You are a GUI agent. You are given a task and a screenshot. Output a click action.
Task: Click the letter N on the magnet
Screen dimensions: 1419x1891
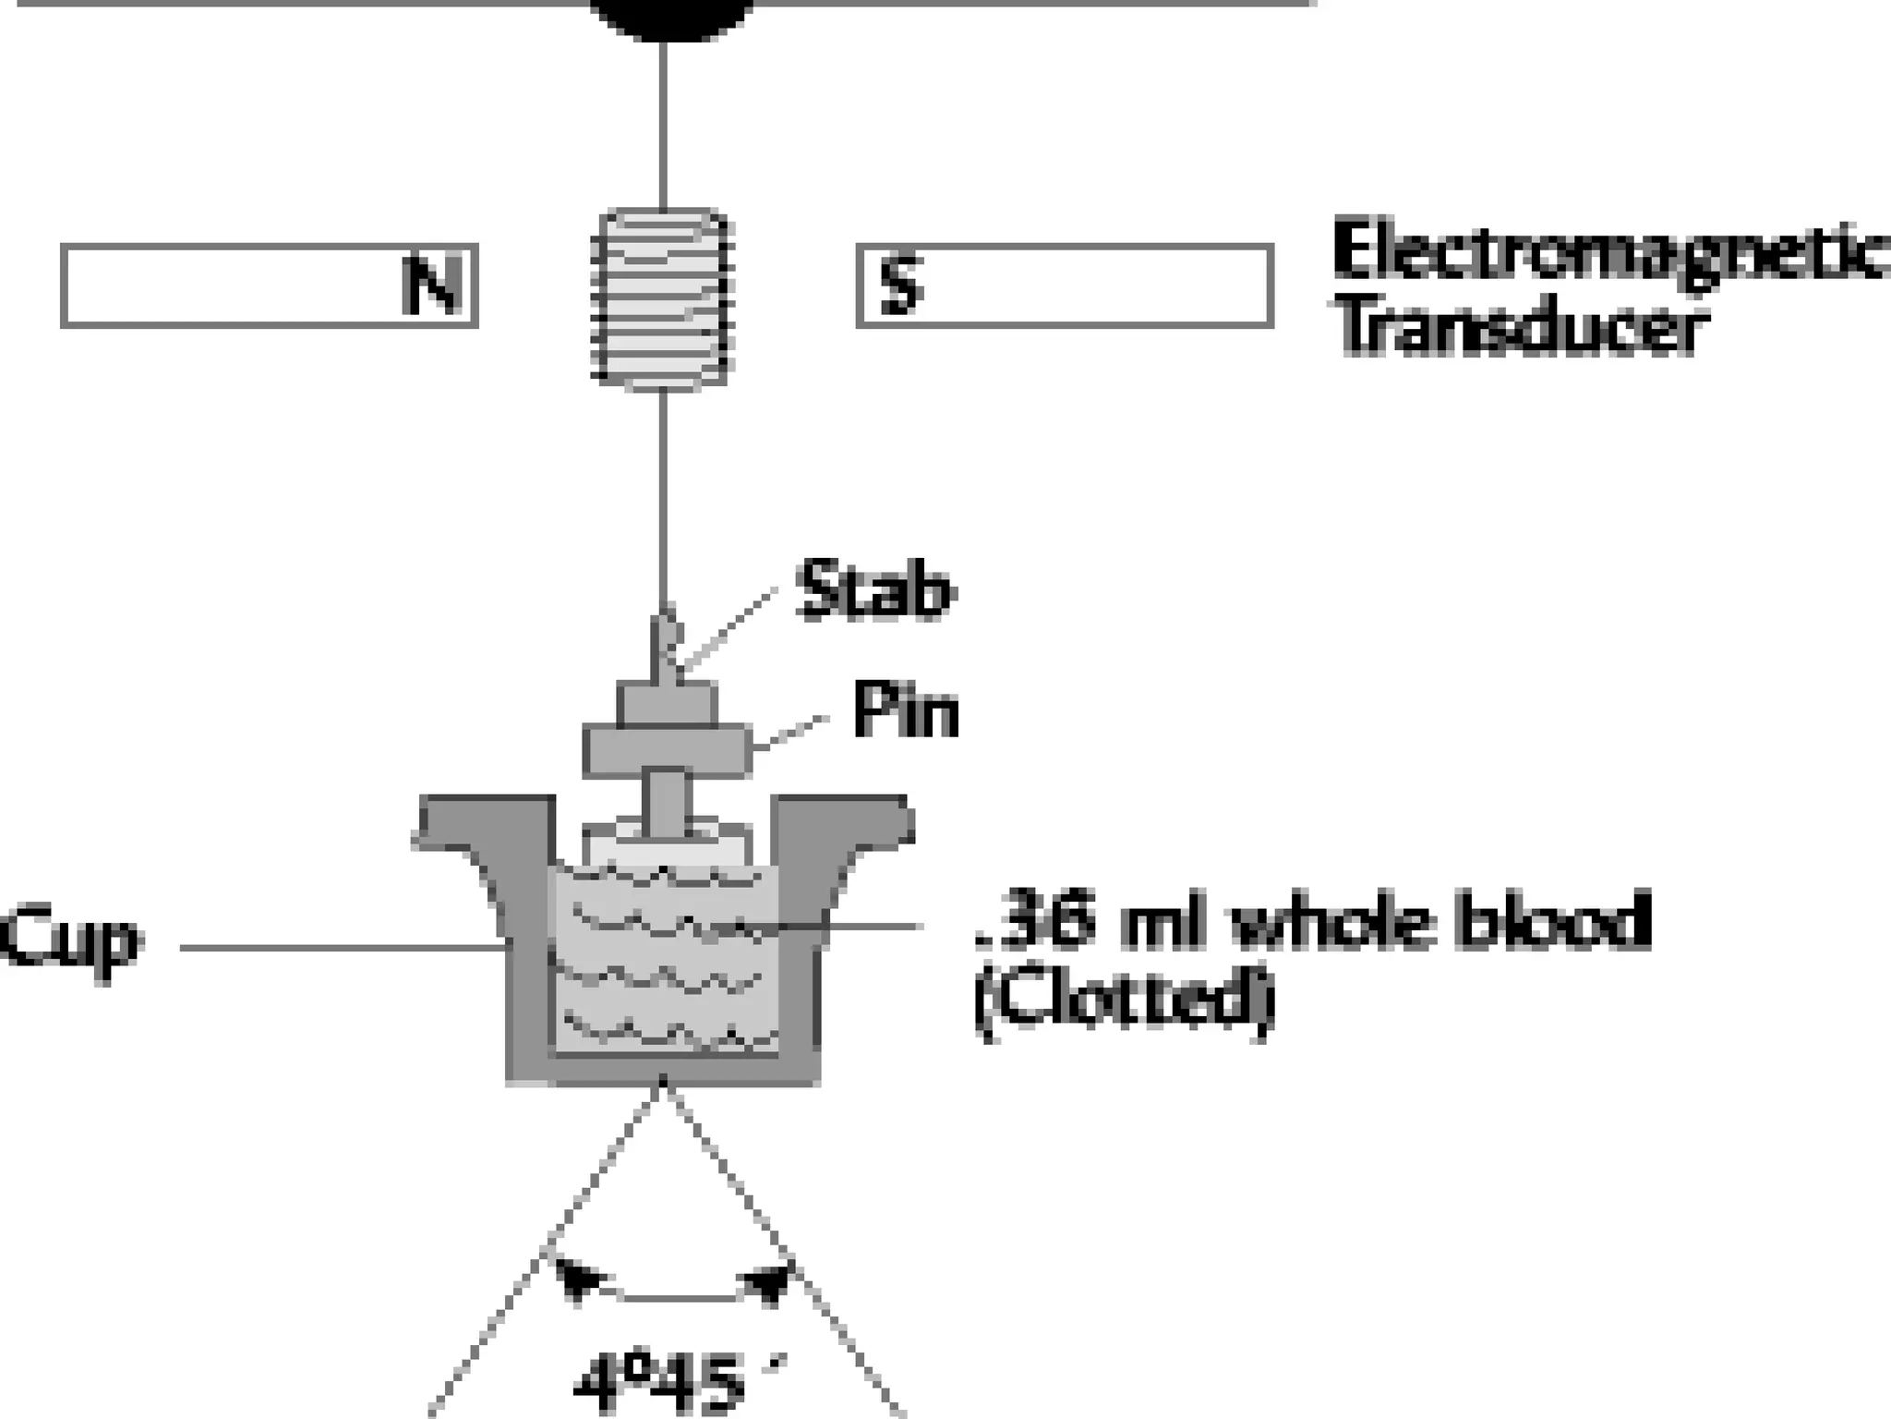(431, 285)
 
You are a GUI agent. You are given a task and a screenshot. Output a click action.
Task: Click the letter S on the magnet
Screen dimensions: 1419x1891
(901, 285)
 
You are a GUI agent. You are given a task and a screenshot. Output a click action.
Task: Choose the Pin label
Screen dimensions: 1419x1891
(906, 711)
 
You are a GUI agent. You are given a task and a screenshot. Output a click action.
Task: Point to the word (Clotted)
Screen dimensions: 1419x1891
(1125, 1001)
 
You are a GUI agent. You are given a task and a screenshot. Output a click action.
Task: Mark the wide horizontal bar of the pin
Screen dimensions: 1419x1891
(667, 750)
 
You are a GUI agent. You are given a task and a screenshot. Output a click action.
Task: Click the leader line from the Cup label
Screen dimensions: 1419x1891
(342, 947)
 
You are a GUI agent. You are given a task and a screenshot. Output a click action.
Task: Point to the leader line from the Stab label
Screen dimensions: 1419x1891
(729, 628)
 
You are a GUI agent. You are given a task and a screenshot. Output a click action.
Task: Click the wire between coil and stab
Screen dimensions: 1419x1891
(663, 499)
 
